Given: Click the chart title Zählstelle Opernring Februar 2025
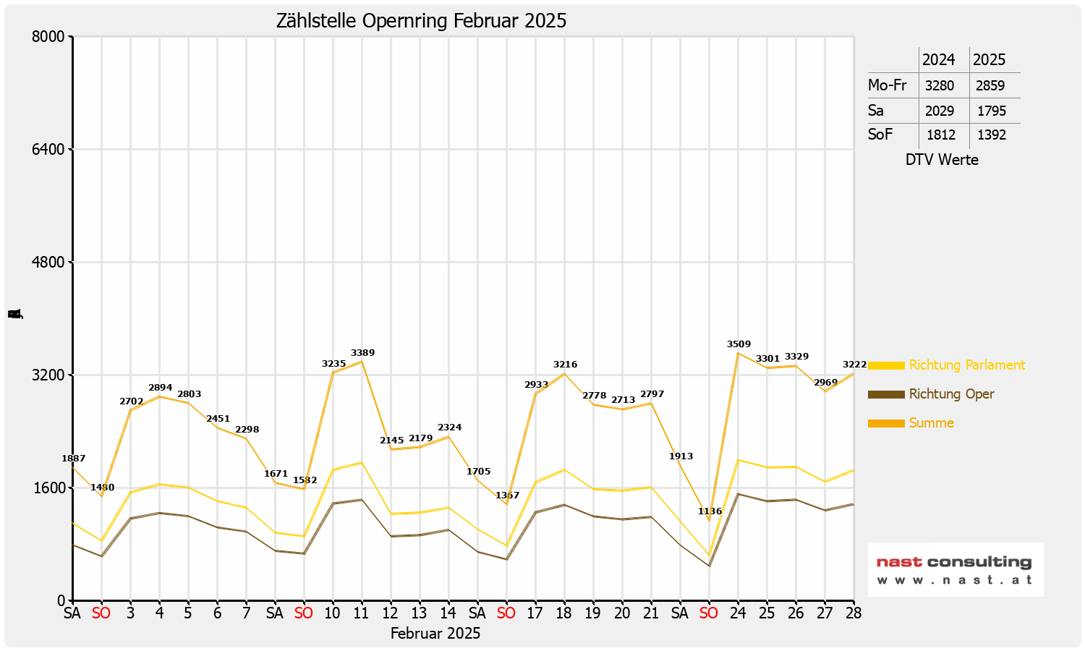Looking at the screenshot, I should [421, 21].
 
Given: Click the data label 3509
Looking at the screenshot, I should [739, 344].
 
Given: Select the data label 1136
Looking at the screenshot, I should [710, 511].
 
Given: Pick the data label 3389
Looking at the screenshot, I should [362, 353].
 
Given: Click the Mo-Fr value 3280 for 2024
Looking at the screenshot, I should [940, 85].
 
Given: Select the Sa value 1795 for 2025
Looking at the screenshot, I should [991, 111].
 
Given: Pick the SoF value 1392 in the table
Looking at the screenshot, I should [991, 135].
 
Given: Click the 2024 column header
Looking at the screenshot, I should [938, 59].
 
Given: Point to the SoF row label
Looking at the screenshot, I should [880, 135].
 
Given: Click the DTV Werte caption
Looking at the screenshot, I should [942, 160].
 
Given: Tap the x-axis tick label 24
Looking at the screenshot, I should [738, 613].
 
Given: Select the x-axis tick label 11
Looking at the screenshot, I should [362, 613].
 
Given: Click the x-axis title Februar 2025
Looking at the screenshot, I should [435, 634].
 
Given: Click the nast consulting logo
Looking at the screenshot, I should [955, 569].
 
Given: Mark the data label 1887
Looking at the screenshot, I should [73, 459].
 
